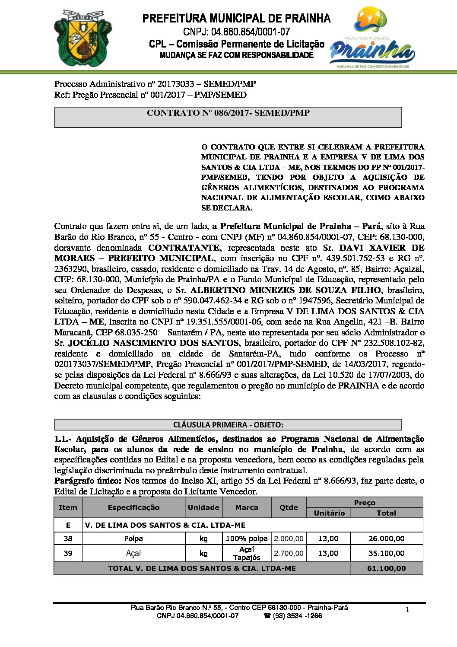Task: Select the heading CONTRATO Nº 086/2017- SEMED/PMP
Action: coord(228,113)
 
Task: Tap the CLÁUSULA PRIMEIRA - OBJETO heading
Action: coord(228,424)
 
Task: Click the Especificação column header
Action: coord(133,507)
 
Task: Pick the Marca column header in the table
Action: coord(247,507)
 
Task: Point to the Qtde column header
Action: coord(289,507)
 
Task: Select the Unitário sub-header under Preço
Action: coord(329,513)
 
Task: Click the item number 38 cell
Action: coord(68,539)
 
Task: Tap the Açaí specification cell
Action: coord(133,553)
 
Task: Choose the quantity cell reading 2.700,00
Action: coord(289,553)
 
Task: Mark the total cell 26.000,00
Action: coord(386,539)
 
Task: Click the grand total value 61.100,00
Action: coord(386,568)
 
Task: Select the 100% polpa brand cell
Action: coord(247,539)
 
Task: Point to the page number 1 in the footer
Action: coord(407,610)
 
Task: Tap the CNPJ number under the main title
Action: coord(236,32)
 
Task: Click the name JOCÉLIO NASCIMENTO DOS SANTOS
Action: coord(153,343)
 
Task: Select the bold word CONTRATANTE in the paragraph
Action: coord(184,248)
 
